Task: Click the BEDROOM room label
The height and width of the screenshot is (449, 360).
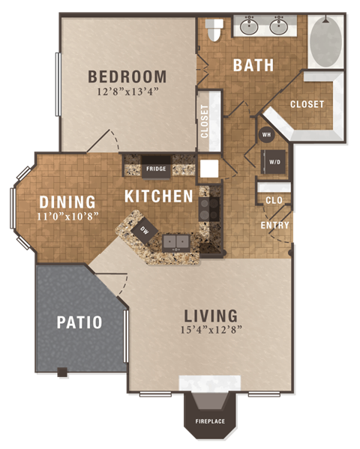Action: coord(127,76)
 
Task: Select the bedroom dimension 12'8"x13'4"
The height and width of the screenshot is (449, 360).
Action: coord(127,92)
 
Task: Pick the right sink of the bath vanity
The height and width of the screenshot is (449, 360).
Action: coord(279,28)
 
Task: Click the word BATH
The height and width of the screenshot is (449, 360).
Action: coord(253,65)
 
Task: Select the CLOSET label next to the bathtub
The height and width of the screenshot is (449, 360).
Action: coord(307,104)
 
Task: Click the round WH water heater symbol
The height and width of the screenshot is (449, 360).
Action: coord(266,135)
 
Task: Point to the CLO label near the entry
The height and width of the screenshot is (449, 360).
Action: coord(274,199)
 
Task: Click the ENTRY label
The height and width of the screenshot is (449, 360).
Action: coord(274,226)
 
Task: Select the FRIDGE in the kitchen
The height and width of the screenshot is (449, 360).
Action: coord(156,169)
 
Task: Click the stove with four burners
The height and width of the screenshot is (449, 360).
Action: coord(209,208)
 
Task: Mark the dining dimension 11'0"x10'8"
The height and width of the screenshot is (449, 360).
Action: coord(67,216)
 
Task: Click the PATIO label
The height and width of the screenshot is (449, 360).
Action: coord(79,322)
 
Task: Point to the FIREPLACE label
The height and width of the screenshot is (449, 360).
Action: coord(210,421)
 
